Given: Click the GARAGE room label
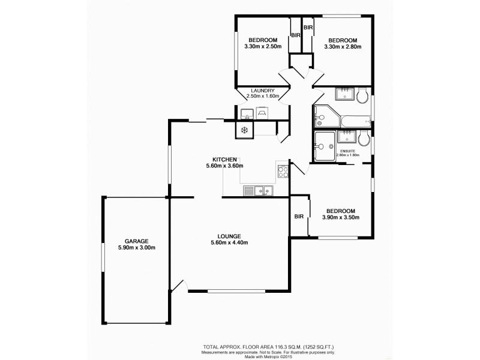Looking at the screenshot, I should pyautogui.click(x=136, y=240).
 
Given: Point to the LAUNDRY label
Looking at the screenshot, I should pyautogui.click(x=263, y=91).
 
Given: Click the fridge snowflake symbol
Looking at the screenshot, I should pyautogui.click(x=244, y=130).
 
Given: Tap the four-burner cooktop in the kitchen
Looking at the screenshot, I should pyautogui.click(x=283, y=172).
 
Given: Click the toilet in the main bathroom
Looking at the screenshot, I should pyautogui.click(x=362, y=96).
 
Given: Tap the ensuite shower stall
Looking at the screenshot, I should pyautogui.click(x=325, y=145).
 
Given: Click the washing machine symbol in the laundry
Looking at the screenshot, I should pyautogui.click(x=262, y=112).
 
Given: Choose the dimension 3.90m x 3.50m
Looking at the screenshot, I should pyautogui.click(x=340, y=218).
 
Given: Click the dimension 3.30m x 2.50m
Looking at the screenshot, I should pyautogui.click(x=263, y=47).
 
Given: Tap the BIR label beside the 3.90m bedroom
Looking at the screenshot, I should pyautogui.click(x=299, y=217).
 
